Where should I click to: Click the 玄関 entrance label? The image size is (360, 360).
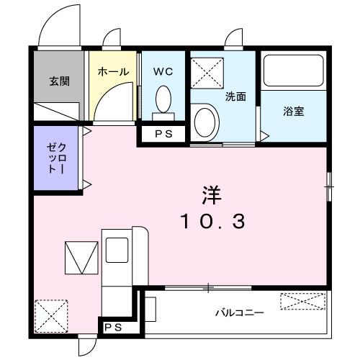(59, 81)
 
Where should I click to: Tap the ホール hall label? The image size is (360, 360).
(112, 72)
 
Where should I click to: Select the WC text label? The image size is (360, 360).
(163, 72)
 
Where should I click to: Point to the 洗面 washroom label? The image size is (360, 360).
(235, 96)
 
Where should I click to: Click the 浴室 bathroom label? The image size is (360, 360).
(292, 112)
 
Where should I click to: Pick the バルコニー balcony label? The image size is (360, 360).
(239, 313)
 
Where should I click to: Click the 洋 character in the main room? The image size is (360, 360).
(211, 194)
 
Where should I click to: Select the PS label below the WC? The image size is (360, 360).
(163, 133)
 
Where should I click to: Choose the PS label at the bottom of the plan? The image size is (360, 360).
(112, 328)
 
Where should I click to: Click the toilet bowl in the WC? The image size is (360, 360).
(163, 97)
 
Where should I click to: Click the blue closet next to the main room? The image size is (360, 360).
(58, 158)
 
